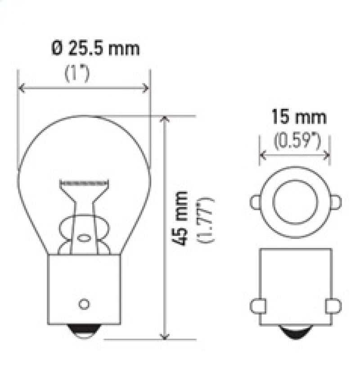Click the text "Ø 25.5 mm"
tap(95, 48)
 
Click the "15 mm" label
tap(298, 117)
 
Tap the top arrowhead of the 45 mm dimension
tap(165, 119)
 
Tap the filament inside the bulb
tap(85, 183)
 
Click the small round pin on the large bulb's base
tap(83, 304)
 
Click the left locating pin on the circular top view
tap(256, 202)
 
